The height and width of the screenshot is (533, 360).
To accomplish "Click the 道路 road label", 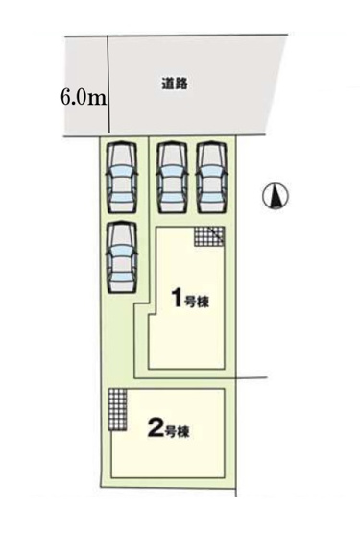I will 174,84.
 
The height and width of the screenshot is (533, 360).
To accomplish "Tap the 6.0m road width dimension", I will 82,98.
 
